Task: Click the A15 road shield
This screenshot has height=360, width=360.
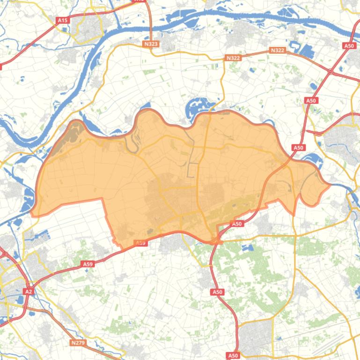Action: click(62, 20)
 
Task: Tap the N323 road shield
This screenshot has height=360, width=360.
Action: click(151, 44)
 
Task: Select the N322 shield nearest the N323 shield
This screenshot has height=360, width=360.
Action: click(233, 58)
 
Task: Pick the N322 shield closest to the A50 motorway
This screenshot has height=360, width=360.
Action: click(278, 50)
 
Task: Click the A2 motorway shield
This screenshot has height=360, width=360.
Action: click(29, 291)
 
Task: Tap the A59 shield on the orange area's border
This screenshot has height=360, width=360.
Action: click(140, 243)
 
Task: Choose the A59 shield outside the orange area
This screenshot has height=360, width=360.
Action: click(88, 264)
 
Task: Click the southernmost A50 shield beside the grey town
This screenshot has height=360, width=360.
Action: click(233, 356)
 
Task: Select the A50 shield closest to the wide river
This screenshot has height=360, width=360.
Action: click(349, 46)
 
